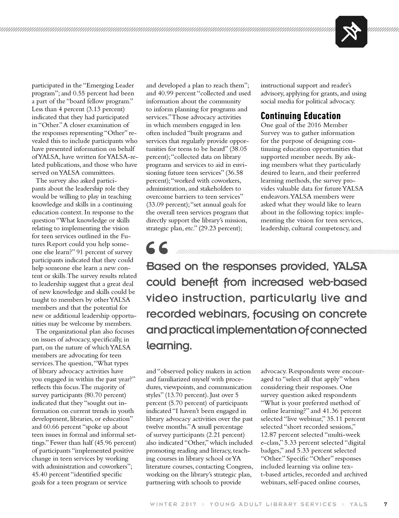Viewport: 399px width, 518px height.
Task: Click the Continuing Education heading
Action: pyautogui.click(x=301, y=116)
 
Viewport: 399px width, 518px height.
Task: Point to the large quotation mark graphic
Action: pyautogui.click(x=157, y=248)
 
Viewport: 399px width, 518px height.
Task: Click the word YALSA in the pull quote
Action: pyautogui.click(x=350, y=266)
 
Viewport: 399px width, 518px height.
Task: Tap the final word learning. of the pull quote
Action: pyautogui.click(x=169, y=346)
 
